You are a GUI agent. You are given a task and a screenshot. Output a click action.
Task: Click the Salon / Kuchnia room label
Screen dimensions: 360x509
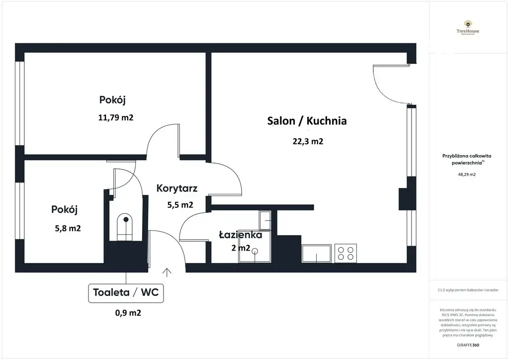pyautogui.click(x=307, y=121)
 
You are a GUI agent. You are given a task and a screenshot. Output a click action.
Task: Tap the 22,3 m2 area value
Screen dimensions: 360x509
pyautogui.click(x=308, y=141)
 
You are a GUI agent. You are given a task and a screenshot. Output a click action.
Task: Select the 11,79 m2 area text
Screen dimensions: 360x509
pyautogui.click(x=116, y=118)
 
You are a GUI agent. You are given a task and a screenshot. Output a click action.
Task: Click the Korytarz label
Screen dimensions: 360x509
pyautogui.click(x=177, y=188)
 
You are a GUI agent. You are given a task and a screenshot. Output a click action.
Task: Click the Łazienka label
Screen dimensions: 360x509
pyautogui.click(x=241, y=235)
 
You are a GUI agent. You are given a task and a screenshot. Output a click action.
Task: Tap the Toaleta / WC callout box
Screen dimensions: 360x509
pyautogui.click(x=126, y=292)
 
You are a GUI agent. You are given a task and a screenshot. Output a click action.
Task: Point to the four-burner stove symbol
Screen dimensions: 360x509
pyautogui.click(x=346, y=253)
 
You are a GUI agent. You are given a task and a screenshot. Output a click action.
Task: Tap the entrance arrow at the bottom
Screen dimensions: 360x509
pyautogui.click(x=167, y=272)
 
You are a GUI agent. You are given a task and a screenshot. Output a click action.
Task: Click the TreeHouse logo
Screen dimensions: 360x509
pyautogui.click(x=468, y=28)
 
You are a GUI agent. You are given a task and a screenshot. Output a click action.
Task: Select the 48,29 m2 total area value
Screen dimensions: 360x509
pyautogui.click(x=466, y=175)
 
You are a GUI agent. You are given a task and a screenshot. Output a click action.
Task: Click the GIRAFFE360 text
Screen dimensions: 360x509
pyautogui.click(x=468, y=345)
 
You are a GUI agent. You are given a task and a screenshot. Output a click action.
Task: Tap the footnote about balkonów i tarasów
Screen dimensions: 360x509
pyautogui.click(x=468, y=290)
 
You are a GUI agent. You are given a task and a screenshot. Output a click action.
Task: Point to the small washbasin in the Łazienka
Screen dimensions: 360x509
pyautogui.click(x=265, y=219)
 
